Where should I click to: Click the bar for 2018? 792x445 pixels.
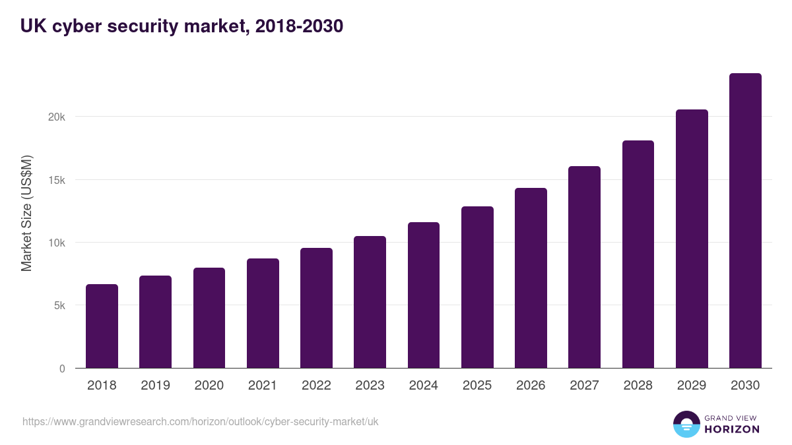pos(102,326)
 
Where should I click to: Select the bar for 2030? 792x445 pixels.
pos(745,221)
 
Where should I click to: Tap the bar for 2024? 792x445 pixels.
pos(424,295)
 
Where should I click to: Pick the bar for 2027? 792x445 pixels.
pos(584,267)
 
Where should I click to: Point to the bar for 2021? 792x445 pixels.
pos(263,313)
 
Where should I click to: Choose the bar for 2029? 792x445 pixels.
pos(692,239)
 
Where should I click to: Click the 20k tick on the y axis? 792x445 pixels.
pos(57,117)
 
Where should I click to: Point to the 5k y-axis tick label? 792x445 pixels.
pos(59,306)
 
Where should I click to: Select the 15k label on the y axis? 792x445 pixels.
pos(57,180)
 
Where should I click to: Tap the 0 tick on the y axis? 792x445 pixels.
pos(62,369)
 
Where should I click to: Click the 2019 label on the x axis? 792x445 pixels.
pos(155,386)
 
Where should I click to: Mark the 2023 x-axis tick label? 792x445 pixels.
pos(370,386)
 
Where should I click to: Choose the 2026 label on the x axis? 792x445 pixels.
pos(531,386)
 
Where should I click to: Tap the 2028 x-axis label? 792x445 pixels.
pos(638,386)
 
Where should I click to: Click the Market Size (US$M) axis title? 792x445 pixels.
pos(26,214)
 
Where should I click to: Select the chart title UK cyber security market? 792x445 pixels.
pos(181,26)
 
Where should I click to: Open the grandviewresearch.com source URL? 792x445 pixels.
pos(201,421)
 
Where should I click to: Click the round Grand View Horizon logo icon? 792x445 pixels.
pos(686,424)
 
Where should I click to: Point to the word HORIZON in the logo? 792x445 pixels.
pos(732,429)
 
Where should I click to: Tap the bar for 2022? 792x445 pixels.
pos(316,308)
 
